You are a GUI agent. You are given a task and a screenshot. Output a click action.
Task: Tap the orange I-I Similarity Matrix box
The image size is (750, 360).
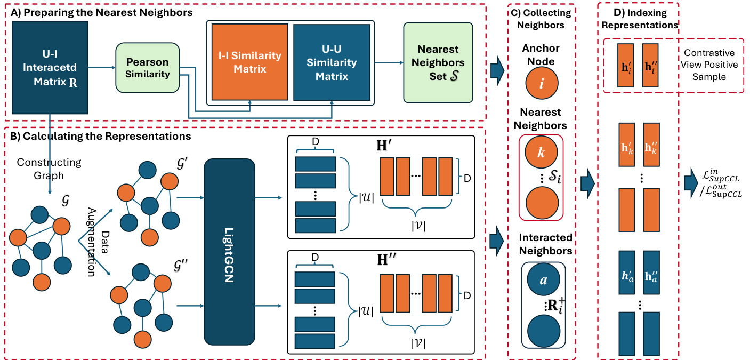coord(250,62)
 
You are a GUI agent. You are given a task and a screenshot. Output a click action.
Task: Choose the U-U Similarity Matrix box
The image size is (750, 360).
coord(332,62)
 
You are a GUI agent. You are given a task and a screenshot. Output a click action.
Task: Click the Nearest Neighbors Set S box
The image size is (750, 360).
coord(438,63)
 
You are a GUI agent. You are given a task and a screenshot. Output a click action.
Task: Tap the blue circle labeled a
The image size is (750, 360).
coord(542,278)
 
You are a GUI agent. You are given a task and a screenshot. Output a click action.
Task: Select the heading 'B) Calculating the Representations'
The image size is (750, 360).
coord(98,137)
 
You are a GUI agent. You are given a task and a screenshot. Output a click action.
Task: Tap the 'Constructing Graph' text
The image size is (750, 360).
coord(49,167)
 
